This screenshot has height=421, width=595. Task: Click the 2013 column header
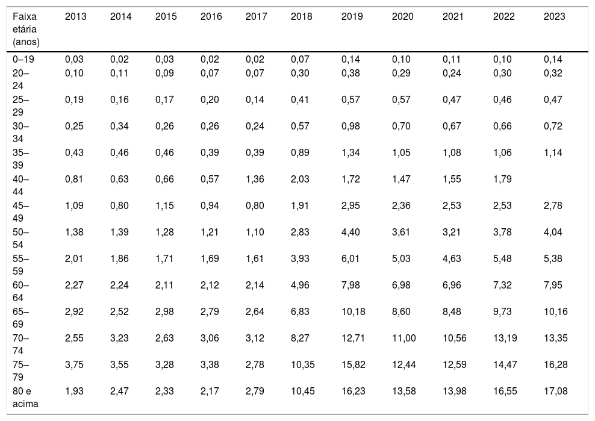[x=75, y=17]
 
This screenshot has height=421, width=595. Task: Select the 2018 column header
[x=301, y=17]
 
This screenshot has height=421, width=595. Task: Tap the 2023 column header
[x=555, y=17]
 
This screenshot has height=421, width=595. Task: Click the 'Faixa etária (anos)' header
[x=26, y=30]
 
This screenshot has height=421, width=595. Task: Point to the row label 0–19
[x=23, y=59]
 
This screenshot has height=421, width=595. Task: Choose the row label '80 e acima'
[x=25, y=398]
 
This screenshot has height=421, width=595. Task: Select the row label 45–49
[x=20, y=212]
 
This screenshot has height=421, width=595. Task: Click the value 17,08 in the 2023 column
[x=555, y=391]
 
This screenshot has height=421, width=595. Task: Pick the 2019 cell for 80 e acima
[x=354, y=391]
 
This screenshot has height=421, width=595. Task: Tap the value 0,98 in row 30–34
[x=350, y=126]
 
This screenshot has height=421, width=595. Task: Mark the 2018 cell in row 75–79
[x=302, y=364]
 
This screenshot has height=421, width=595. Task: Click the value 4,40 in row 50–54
[x=350, y=232]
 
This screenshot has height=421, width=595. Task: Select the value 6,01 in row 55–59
[x=350, y=258]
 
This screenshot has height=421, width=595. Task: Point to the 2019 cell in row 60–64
[x=350, y=285]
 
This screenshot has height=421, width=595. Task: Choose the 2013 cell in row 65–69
[x=74, y=311]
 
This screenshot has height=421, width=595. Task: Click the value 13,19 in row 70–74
[x=505, y=338]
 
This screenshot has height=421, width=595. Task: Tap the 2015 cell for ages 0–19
[x=164, y=59]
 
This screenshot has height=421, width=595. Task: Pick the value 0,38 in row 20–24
[x=350, y=73]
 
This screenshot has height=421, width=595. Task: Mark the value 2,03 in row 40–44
[x=300, y=179]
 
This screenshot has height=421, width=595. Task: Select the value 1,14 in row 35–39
[x=553, y=152]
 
